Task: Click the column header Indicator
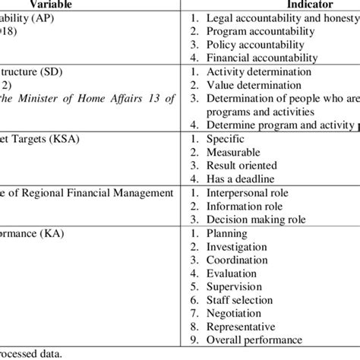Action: point(267,4)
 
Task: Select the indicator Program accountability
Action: point(261,31)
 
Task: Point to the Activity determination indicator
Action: point(258,71)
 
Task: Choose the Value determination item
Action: point(254,84)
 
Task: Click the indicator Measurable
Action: point(236,151)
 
